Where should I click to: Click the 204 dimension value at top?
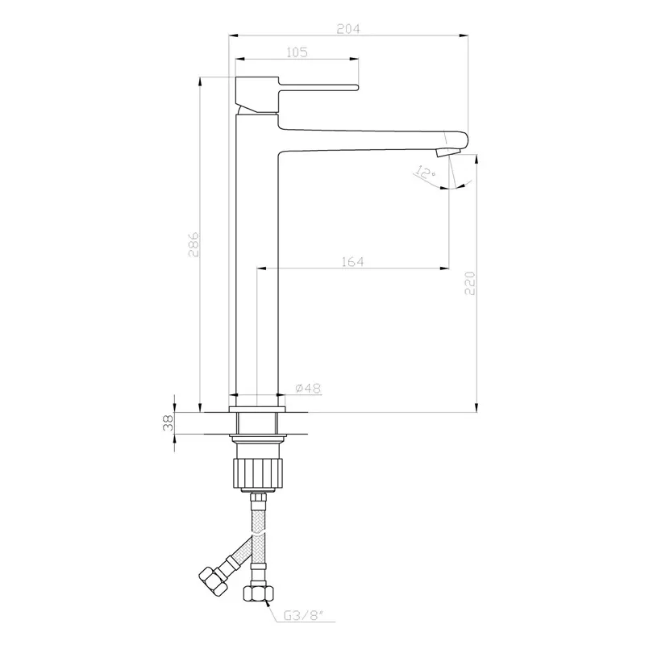click(x=348, y=27)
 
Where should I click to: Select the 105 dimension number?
click(x=297, y=52)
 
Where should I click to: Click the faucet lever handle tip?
click(x=353, y=85)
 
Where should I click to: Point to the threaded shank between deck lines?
click(x=257, y=423)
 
